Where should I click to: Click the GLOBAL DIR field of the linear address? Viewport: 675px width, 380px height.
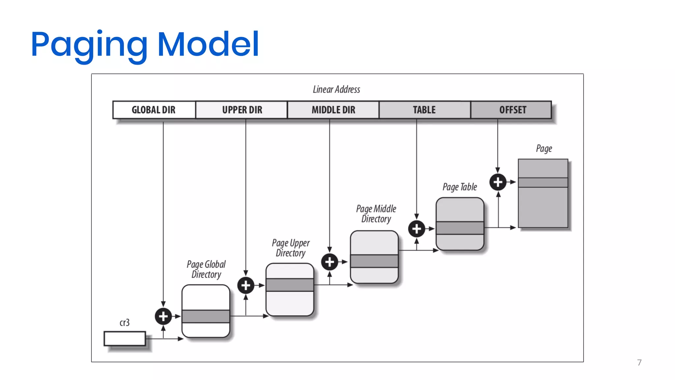(x=154, y=110)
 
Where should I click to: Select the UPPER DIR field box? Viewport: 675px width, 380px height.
(x=242, y=110)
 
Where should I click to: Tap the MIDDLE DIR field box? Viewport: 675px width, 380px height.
(x=333, y=110)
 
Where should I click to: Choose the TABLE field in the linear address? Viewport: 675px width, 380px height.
(x=425, y=110)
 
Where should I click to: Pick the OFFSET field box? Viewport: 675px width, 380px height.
(x=512, y=110)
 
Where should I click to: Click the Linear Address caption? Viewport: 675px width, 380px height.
(x=337, y=89)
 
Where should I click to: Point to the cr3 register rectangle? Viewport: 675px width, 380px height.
(x=125, y=338)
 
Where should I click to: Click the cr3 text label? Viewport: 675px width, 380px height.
(x=125, y=323)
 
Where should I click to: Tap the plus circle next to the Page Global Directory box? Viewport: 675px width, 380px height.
(x=163, y=316)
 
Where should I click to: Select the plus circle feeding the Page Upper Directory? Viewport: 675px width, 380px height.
(x=246, y=285)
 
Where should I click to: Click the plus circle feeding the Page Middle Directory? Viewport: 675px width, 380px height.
(x=330, y=262)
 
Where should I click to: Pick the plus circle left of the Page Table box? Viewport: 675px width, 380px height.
(x=417, y=229)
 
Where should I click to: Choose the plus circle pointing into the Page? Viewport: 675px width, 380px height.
(x=498, y=182)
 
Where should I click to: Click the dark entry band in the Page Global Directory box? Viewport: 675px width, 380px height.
(x=206, y=316)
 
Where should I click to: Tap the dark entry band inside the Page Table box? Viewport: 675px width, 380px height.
(x=460, y=228)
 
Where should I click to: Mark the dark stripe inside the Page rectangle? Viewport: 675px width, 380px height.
(x=543, y=182)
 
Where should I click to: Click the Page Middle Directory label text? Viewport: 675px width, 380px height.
(x=376, y=214)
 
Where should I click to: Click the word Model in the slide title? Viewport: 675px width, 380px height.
(x=208, y=44)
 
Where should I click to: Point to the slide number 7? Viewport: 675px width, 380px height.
(x=639, y=363)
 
